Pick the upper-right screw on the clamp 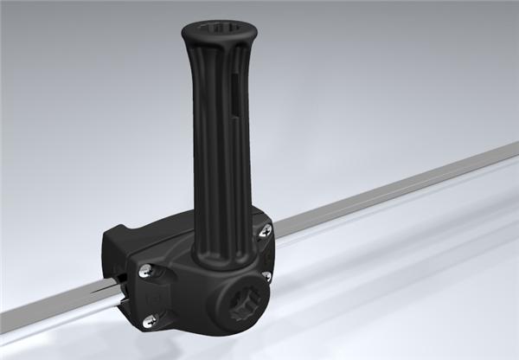(266, 229)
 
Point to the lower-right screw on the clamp (266, 277)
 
